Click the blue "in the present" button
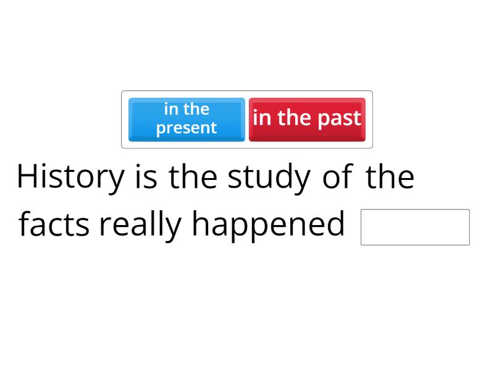click(x=186, y=119)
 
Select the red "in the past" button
click(x=307, y=119)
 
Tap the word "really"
click(x=141, y=224)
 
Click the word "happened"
click(x=268, y=224)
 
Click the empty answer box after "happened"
click(x=415, y=227)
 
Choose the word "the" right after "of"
click(x=390, y=177)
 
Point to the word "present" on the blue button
click(x=186, y=129)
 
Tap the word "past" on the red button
click(x=338, y=118)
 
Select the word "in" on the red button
click(x=262, y=117)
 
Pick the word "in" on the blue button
click(x=171, y=109)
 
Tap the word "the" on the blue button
click(x=196, y=109)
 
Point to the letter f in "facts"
click(x=24, y=224)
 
